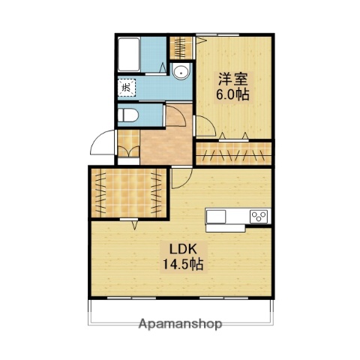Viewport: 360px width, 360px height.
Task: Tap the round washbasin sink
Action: click(x=180, y=72)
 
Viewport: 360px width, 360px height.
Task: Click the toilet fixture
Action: click(x=130, y=115)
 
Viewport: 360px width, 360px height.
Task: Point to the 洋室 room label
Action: click(x=232, y=78)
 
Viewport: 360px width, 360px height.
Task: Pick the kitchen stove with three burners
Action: click(x=258, y=217)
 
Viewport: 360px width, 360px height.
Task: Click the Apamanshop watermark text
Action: click(x=180, y=325)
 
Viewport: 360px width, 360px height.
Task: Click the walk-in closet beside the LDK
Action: click(x=127, y=191)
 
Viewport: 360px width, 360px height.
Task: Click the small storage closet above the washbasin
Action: click(x=179, y=48)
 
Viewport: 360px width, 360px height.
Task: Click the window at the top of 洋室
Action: click(x=232, y=34)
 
